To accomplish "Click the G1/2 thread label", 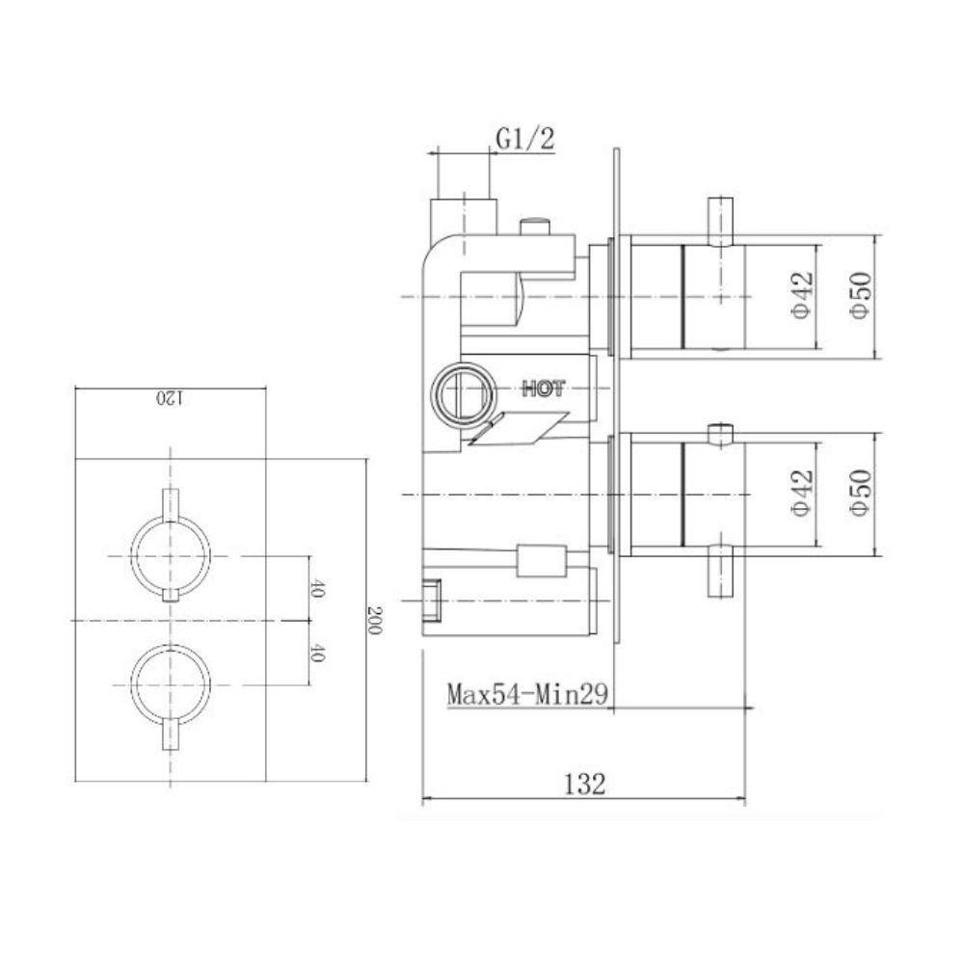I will point(525,140).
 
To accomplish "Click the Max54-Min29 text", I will point(526,694).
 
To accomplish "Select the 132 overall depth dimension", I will point(584,785).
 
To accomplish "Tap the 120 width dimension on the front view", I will point(168,397).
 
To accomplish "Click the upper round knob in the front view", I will point(171,556).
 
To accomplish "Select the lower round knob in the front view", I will point(171,683).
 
